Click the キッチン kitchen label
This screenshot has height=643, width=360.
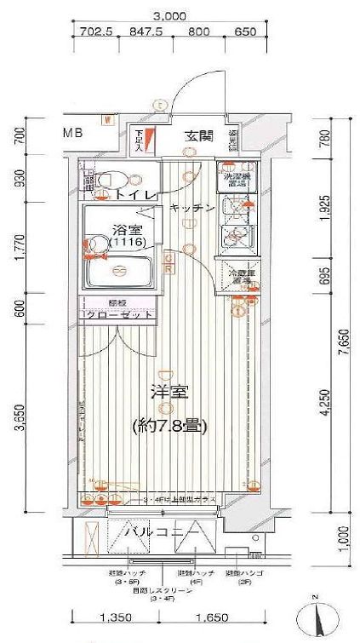tap(190, 208)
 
